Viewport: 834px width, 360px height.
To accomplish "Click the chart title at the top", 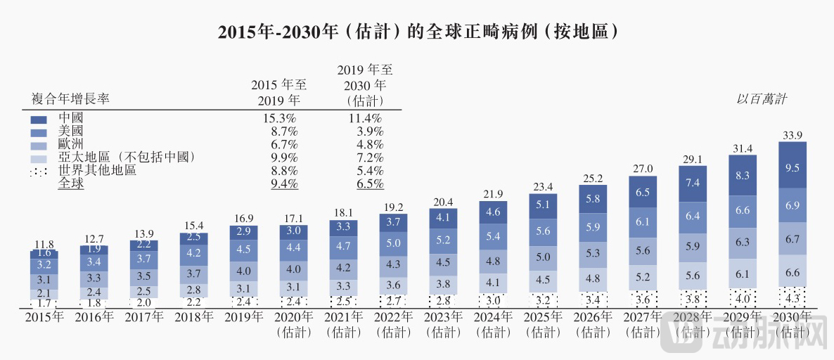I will coord(418,32).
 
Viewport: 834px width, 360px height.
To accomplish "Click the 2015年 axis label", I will coord(44,317).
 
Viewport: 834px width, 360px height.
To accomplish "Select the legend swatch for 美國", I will coord(39,132).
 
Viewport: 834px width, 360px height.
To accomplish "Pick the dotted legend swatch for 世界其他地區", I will coord(39,172).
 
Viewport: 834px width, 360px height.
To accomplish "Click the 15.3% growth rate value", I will coord(279,117).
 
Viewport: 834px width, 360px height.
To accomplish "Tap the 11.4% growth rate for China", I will coord(366,117).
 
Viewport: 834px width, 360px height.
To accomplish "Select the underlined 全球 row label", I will coord(70,184).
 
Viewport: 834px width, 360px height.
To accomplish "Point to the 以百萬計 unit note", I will coord(761,99).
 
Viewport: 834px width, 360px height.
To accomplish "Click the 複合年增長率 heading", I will coord(70,99).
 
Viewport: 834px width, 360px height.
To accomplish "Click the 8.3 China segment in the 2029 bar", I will coord(742,176).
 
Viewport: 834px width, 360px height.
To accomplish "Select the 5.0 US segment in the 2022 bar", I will coord(393,243).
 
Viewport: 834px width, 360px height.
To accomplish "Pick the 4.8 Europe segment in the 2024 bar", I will coord(493,262).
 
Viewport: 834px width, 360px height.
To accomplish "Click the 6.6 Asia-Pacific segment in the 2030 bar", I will coord(792,272).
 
